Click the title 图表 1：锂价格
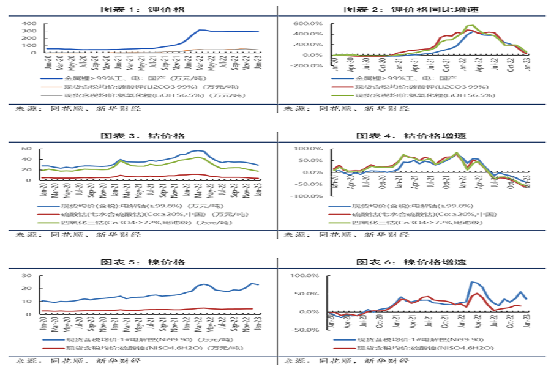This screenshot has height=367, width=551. pos(142,10)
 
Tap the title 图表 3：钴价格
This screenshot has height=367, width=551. pos(142,136)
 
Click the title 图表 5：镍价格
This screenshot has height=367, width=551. pos(142,262)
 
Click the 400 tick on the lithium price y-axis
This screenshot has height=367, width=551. pos(29,24)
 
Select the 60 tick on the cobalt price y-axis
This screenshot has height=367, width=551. pos(27,149)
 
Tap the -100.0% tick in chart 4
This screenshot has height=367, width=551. pos(310,196)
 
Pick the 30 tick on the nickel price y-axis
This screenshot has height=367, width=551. pos(27,275)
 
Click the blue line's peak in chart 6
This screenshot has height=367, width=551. pos(474,282)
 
